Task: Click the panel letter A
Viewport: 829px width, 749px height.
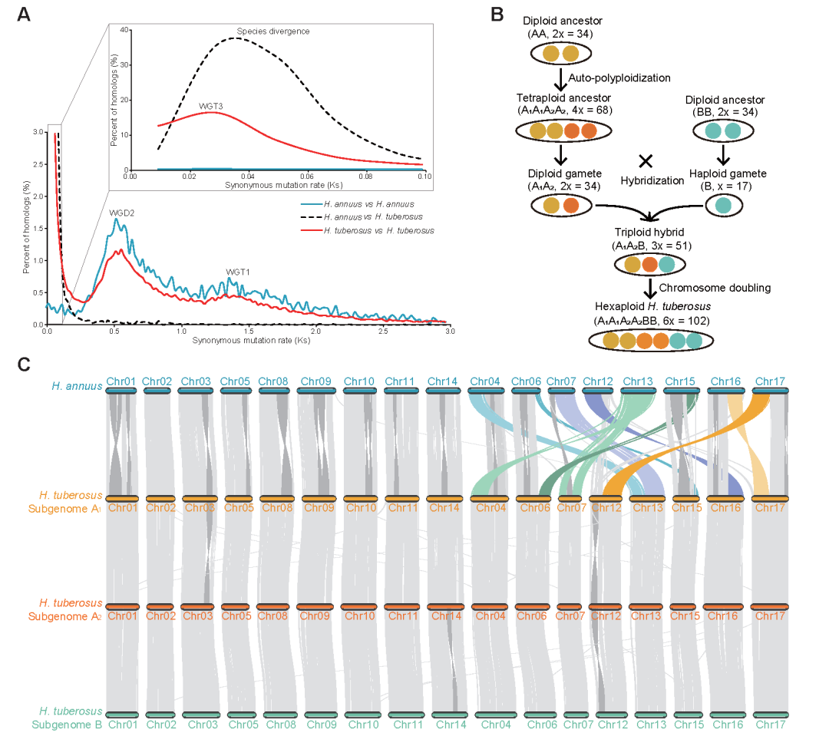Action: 25,15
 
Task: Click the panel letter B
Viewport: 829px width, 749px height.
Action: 497,15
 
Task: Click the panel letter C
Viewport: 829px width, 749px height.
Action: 25,361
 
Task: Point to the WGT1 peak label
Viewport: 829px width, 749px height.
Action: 238,272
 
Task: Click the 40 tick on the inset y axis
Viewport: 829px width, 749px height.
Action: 124,29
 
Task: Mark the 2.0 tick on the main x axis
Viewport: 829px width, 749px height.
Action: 315,331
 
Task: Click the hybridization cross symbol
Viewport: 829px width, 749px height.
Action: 646,160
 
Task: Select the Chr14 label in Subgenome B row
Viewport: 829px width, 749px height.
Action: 446,724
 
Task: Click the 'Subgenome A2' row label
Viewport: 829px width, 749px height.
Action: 66,616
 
